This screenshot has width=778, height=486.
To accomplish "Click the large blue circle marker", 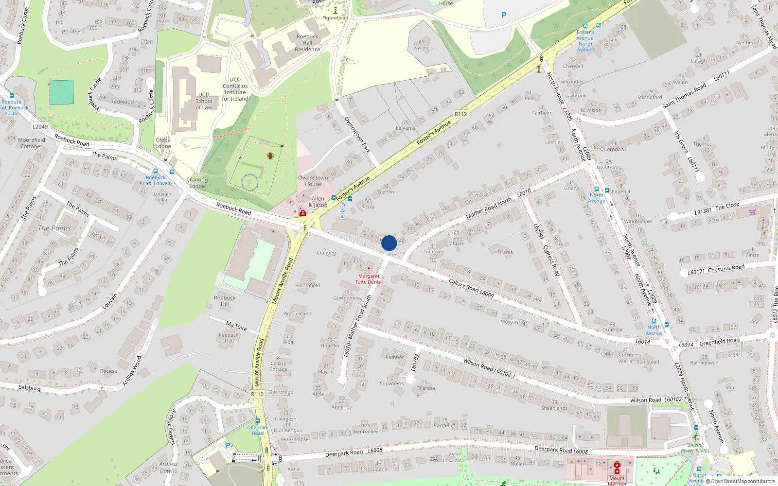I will coord(389,243).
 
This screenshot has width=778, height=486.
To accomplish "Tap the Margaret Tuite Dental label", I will coord(369,279).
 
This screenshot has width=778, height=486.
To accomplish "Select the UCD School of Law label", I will coord(204,101).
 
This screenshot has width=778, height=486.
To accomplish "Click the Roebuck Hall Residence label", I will coord(307,43).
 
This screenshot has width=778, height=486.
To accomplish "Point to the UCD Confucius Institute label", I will coord(235,89).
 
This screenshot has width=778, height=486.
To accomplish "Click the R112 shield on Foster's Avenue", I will coord(460,114).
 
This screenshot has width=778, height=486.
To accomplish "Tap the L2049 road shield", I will coord(40,127).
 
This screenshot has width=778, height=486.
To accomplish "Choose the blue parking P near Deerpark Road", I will coord(227,445).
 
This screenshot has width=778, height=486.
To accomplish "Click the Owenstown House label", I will coord(313,181).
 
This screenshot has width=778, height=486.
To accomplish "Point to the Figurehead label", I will coord(335,18).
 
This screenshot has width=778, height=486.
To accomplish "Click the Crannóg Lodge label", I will coord(197,183).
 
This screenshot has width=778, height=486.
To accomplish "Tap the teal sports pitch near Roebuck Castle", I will coord(61,92).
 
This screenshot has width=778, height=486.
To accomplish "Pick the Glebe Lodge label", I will coord(163,143).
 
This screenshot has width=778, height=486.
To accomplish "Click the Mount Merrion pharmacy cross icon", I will coord(617,465).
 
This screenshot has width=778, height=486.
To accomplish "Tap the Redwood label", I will coord(122,102).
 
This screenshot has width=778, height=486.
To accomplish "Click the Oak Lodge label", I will coord(281,392).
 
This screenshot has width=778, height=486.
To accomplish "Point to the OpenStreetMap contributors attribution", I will coord(743,481).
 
